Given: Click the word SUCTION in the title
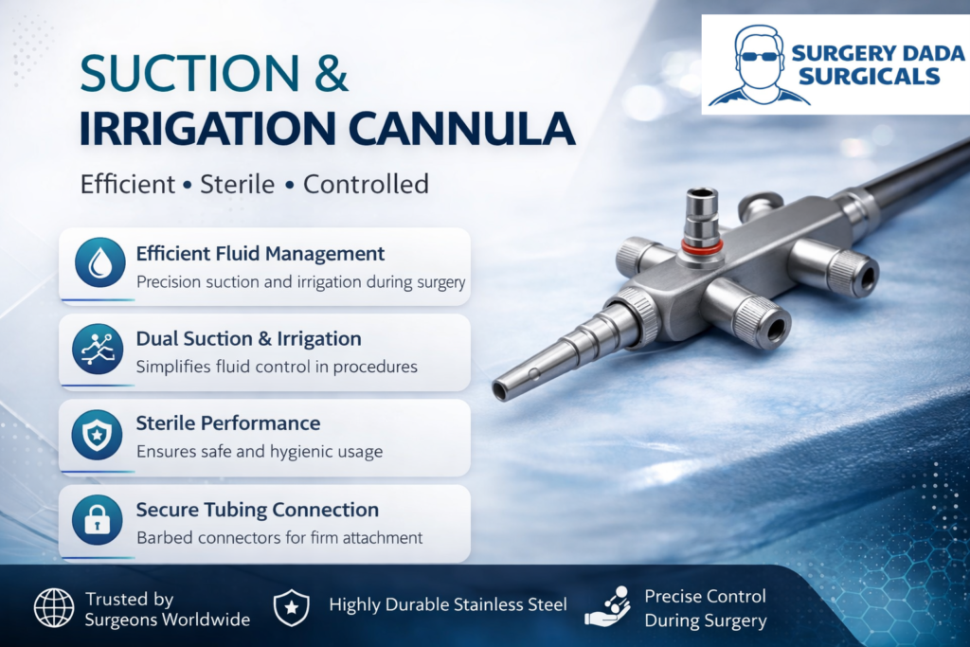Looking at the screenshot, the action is click(189, 74).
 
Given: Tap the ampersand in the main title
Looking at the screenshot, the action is click(331, 74).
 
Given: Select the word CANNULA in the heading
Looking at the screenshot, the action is click(461, 129).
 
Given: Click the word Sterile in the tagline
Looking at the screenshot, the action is click(237, 185).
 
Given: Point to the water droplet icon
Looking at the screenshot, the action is click(99, 263).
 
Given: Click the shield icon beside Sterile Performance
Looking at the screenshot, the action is click(98, 435).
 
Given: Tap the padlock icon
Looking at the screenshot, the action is click(98, 520).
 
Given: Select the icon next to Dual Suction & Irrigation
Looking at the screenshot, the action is click(98, 349).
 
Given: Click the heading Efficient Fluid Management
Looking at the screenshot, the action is click(260, 254).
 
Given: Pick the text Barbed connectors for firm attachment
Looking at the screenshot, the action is click(279, 537).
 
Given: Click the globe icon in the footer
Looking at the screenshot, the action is click(54, 608).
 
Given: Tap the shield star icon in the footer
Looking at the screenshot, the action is click(292, 607).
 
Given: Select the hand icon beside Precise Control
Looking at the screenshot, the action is click(608, 606).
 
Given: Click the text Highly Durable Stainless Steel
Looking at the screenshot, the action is click(448, 605).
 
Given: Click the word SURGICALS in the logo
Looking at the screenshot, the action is click(870, 77).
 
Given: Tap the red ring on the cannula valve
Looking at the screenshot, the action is click(702, 245).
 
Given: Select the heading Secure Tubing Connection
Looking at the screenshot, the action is click(258, 510).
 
